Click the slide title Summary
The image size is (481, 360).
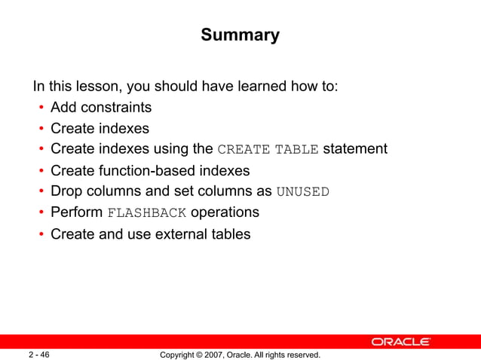pyautogui.click(x=240, y=35)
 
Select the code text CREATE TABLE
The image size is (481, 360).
pyautogui.click(x=268, y=149)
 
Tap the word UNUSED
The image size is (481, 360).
pyautogui.click(x=303, y=191)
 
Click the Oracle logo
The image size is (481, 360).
pyautogui.click(x=400, y=342)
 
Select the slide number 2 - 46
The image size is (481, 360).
pyautogui.click(x=39, y=354)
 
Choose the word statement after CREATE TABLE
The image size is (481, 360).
pyautogui.click(x=355, y=149)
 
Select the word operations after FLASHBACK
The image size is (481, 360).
pyautogui.click(x=225, y=212)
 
